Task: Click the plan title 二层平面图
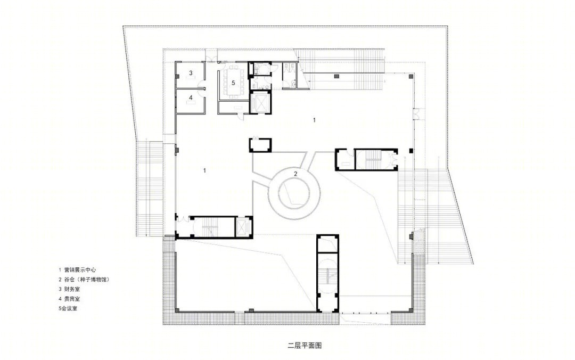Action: [x=305, y=345]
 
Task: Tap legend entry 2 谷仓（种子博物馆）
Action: [x=84, y=279]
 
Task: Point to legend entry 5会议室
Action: [x=68, y=308]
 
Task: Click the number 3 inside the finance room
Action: [x=191, y=73]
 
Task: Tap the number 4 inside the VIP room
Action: [x=191, y=97]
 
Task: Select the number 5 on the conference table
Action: [x=233, y=83]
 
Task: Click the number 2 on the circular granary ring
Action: [x=295, y=174]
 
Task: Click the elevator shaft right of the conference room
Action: [x=260, y=102]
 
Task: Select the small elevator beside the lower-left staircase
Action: [x=243, y=227]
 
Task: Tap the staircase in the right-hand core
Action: [x=373, y=160]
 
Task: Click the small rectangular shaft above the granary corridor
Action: [x=260, y=145]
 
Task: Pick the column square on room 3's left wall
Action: [x=177, y=76]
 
